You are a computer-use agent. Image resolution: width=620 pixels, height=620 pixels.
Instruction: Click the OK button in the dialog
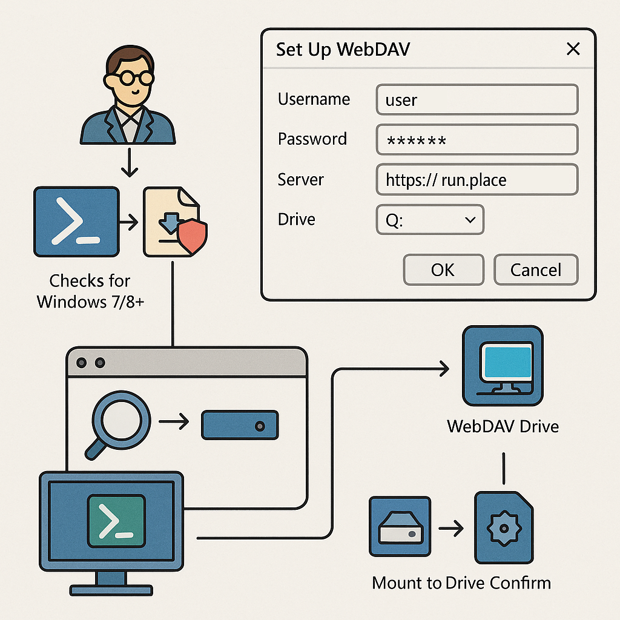[x=443, y=269]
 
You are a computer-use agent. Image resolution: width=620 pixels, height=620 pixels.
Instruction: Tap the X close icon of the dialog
[x=573, y=49]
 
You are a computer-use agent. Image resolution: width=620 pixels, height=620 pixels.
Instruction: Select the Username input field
[x=477, y=99]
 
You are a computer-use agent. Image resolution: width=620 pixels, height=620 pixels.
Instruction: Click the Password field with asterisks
[x=477, y=140]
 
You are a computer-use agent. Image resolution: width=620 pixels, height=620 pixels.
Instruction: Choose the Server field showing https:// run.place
[x=477, y=180]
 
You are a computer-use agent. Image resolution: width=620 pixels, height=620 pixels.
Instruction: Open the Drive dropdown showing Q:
[x=430, y=220]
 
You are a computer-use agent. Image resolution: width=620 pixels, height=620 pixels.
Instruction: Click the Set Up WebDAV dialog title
[x=343, y=49]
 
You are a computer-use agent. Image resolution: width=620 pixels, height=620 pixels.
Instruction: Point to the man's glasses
[x=128, y=79]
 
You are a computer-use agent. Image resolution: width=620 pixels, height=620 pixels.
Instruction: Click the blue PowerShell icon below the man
[x=76, y=221]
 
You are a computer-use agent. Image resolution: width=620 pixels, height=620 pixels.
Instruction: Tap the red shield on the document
[x=193, y=237]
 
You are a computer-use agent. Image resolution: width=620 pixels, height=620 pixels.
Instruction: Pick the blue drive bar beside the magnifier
[x=239, y=425]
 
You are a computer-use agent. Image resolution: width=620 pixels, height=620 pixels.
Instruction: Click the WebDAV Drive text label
[x=503, y=426]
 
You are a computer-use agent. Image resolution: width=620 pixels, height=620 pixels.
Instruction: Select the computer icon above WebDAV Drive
[x=503, y=366]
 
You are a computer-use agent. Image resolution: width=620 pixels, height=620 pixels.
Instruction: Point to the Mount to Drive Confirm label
[x=461, y=583]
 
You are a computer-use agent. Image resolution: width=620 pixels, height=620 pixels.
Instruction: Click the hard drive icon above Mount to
[x=400, y=527]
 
